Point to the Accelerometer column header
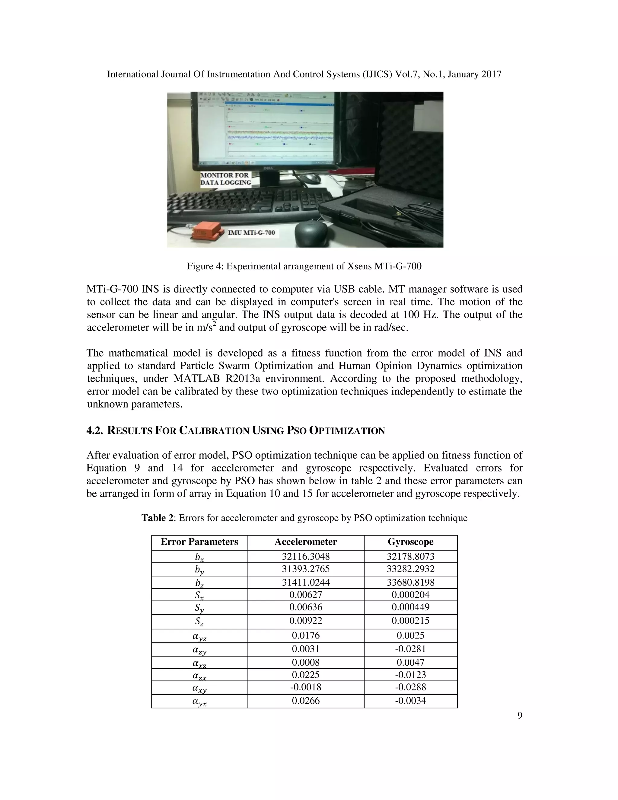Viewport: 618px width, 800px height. [x=306, y=542]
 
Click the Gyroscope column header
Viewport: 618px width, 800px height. [x=410, y=542]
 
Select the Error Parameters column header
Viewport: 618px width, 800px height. [x=199, y=542]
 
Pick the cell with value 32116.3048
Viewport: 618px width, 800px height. [x=306, y=556]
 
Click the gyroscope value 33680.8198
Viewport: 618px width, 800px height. [x=410, y=582]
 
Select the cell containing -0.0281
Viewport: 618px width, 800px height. [x=410, y=649]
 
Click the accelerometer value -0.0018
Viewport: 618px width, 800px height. [x=306, y=687]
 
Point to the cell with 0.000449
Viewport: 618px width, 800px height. [x=410, y=607]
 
